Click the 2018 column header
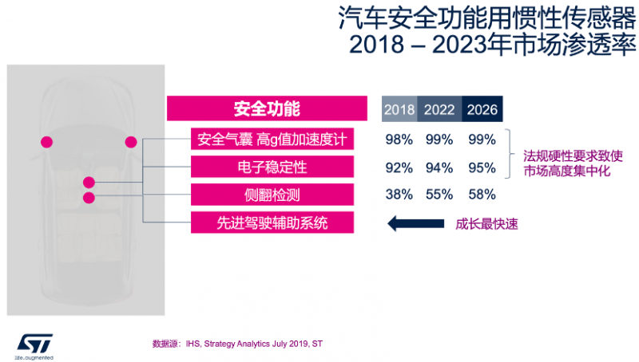point(399,110)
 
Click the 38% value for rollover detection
point(399,194)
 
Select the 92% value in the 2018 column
point(399,167)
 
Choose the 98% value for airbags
point(399,140)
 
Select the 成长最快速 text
point(487,224)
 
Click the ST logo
point(34,342)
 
